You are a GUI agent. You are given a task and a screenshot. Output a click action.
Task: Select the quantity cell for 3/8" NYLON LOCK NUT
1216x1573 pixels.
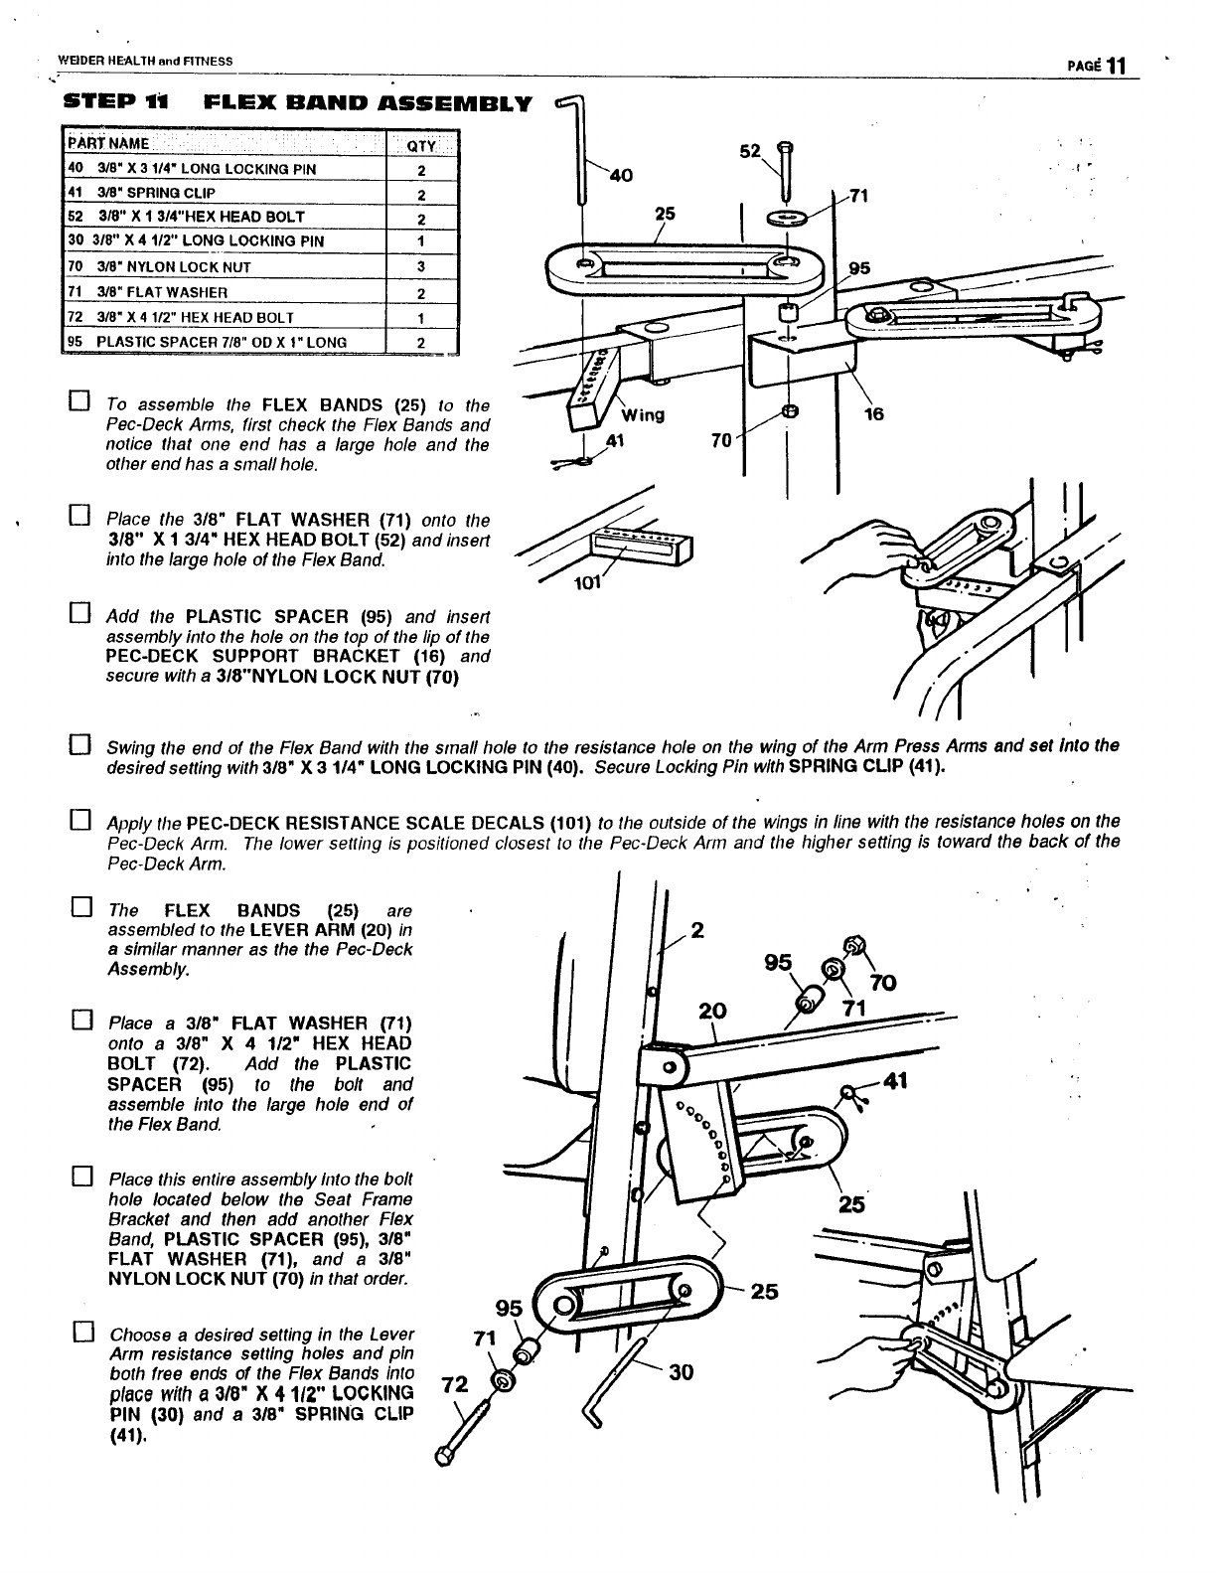(x=420, y=266)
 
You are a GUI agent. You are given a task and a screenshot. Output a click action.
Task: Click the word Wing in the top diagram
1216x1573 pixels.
(x=643, y=414)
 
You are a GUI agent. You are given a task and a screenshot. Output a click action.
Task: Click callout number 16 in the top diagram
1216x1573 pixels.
(x=873, y=415)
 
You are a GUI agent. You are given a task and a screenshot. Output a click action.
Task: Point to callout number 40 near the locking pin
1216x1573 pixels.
(x=620, y=176)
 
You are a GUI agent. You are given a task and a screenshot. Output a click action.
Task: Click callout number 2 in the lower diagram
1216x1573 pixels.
(x=697, y=931)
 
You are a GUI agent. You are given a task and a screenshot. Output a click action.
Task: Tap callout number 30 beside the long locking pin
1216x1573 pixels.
(x=681, y=1372)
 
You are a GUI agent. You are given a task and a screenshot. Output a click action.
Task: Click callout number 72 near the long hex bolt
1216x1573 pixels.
(x=453, y=1383)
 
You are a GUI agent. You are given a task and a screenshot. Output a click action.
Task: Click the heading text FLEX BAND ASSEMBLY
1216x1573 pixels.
(x=367, y=102)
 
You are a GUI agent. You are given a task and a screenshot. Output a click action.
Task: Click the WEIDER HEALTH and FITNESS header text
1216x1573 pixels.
(x=145, y=61)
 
